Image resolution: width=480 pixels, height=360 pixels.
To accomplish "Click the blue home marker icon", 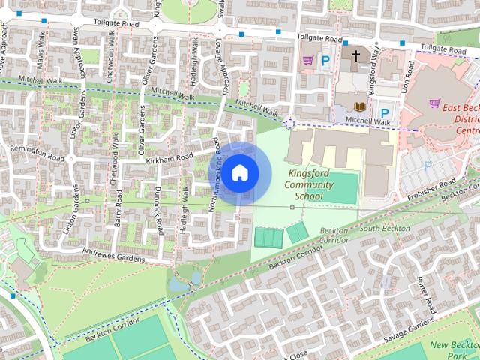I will pos(238,172).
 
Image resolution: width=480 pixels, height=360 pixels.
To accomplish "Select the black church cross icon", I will pos(355,57).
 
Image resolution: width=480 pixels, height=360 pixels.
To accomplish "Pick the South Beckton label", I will pos(385,228).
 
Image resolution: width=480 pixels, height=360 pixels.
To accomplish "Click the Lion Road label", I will pos(409,74).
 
